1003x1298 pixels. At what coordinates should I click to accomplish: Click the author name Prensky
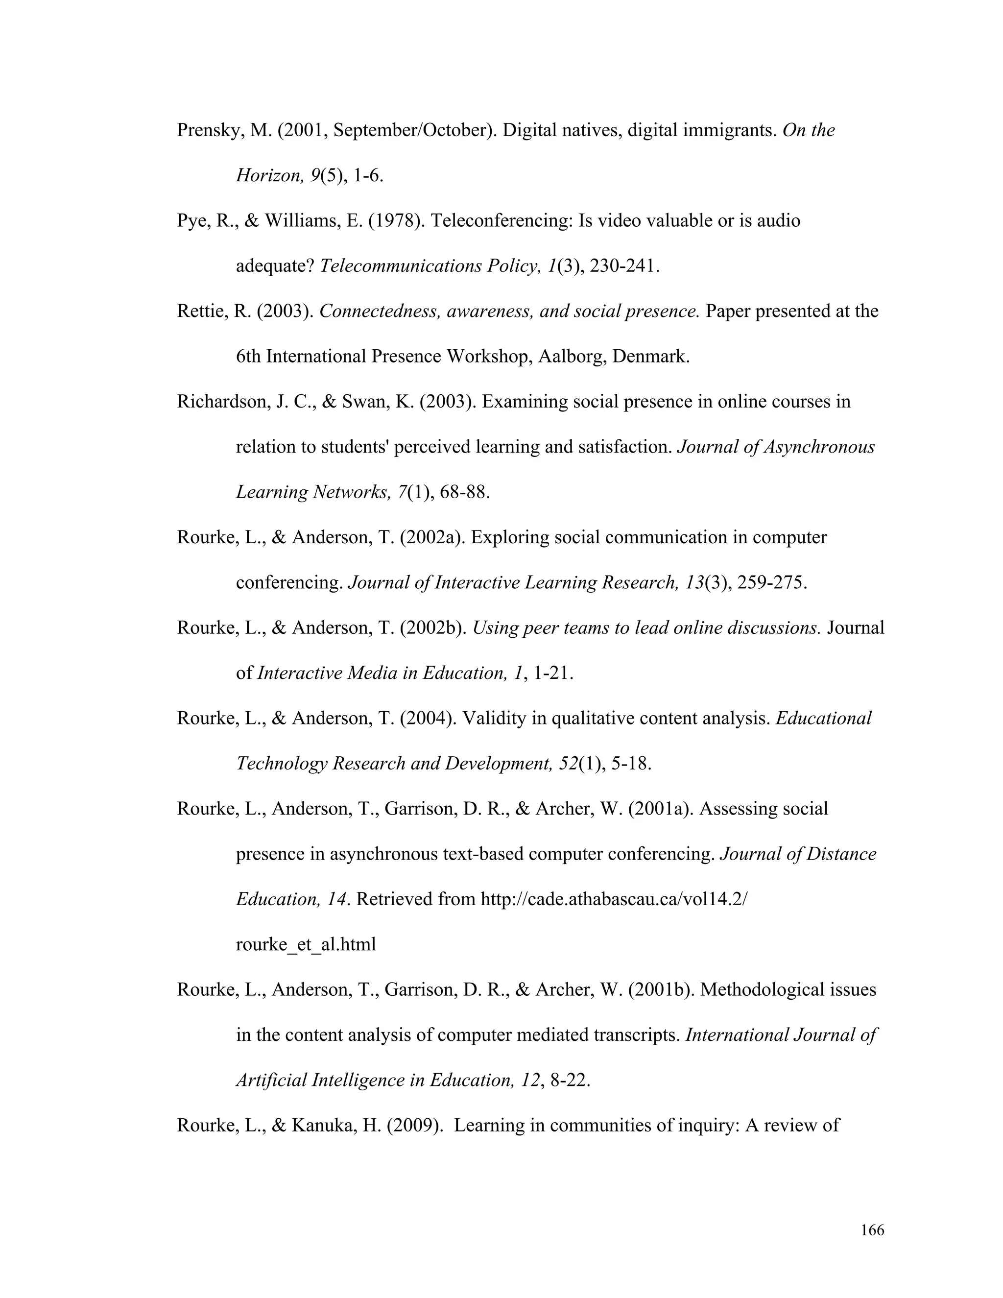tap(207, 131)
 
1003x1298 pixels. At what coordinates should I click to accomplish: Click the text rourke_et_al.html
tap(306, 945)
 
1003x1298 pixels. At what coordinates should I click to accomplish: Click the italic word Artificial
tap(271, 1081)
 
